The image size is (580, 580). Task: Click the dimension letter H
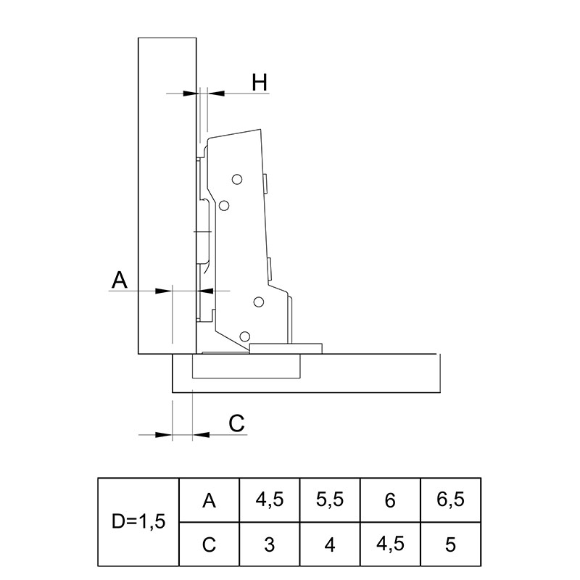click(x=260, y=83)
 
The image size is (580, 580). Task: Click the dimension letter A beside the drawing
click(x=120, y=280)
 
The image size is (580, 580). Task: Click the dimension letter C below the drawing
click(x=236, y=423)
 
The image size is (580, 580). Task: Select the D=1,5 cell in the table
click(x=138, y=522)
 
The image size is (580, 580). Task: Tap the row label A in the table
click(x=209, y=500)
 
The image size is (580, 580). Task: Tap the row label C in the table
click(x=209, y=544)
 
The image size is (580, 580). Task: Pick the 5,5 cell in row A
click(x=330, y=500)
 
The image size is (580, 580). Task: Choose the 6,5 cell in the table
click(x=450, y=500)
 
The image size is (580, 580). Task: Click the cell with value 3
click(x=269, y=544)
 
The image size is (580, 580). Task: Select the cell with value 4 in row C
click(x=330, y=544)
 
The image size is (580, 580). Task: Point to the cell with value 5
click(x=450, y=544)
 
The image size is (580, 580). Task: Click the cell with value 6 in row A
click(x=390, y=500)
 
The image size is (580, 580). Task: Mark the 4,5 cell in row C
click(x=390, y=544)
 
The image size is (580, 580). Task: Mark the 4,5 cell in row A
click(x=269, y=500)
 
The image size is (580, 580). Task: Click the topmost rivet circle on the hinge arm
click(x=237, y=180)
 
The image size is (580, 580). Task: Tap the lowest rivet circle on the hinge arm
click(x=244, y=336)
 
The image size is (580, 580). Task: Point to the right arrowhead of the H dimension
click(x=216, y=94)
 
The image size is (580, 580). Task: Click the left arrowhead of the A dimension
click(x=164, y=291)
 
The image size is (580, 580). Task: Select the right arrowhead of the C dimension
click(x=202, y=434)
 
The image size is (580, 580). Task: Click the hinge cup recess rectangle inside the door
click(x=246, y=366)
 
